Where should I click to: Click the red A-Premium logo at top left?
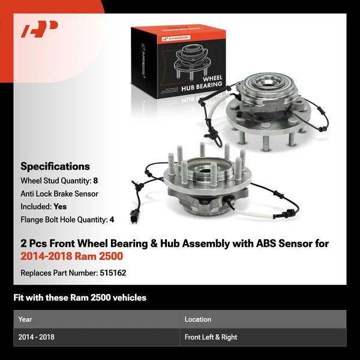pyautogui.click(x=39, y=29)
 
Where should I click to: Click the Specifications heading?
pyautogui.click(x=55, y=166)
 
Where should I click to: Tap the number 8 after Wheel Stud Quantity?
pyautogui.click(x=95, y=181)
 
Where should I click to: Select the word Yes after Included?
pyautogui.click(x=60, y=206)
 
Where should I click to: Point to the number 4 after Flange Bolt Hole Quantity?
pyautogui.click(x=112, y=220)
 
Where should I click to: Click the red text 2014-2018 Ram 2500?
pyautogui.click(x=72, y=256)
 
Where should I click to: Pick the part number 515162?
pyautogui.click(x=113, y=273)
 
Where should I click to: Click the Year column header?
pyautogui.click(x=25, y=319)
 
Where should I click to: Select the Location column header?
pyautogui.click(x=197, y=319)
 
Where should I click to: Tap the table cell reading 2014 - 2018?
pyautogui.click(x=36, y=337)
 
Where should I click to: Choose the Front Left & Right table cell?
pyautogui.click(x=211, y=337)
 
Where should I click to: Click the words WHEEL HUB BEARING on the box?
pyautogui.click(x=202, y=83)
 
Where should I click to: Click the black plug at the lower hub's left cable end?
pyautogui.click(x=134, y=216)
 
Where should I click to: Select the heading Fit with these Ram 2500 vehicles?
pyautogui.click(x=80, y=298)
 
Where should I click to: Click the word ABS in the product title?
pyautogui.click(x=266, y=244)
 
